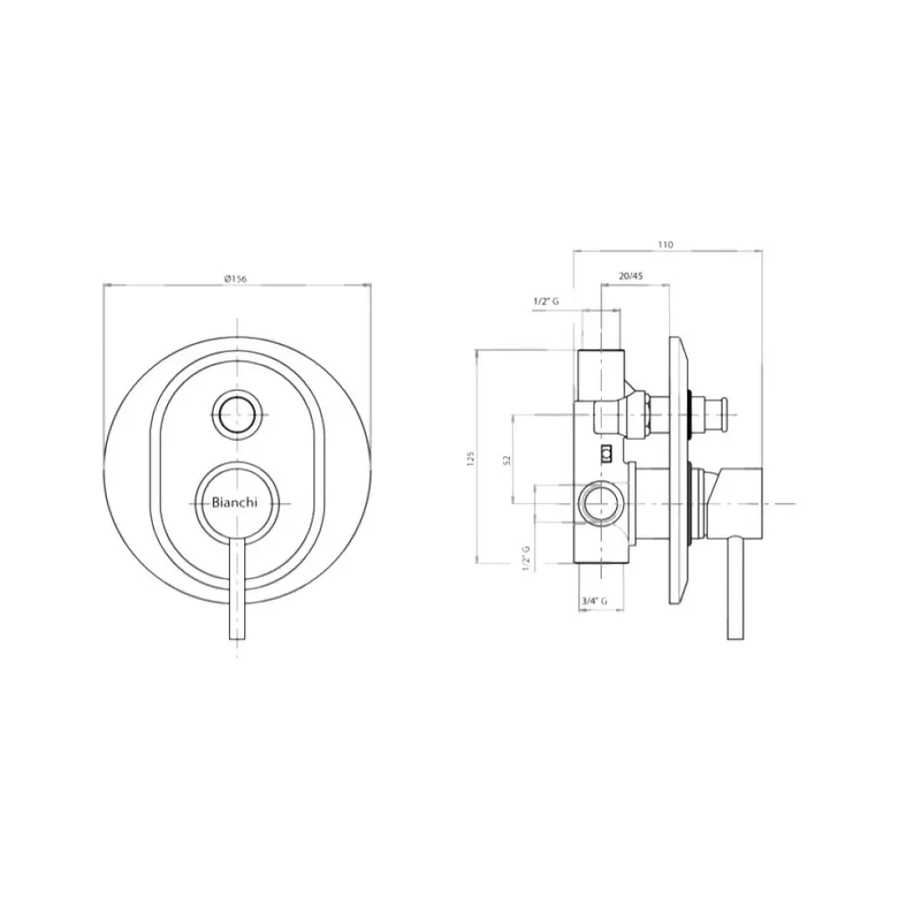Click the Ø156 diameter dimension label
235,279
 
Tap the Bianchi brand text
234,503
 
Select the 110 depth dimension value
665,244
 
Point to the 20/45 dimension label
631,276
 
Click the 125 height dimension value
471,458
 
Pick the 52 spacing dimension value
506,460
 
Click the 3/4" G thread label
594,601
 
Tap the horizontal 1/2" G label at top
546,301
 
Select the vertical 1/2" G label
526,558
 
